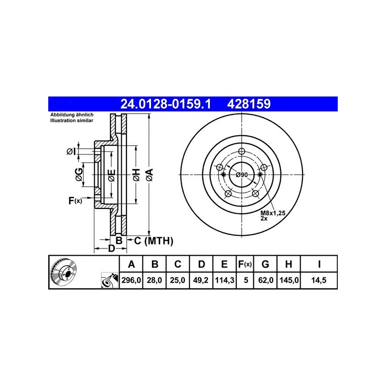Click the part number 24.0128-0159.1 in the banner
[x=165, y=104]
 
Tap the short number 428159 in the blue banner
[x=249, y=104]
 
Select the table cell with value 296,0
[x=131, y=280]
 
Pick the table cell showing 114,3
[x=224, y=280]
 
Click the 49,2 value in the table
[x=201, y=280]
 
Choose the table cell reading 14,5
[x=319, y=280]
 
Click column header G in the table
[x=265, y=264]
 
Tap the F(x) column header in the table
[x=245, y=264]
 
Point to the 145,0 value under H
[x=289, y=280]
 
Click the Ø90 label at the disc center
[x=242, y=175]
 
